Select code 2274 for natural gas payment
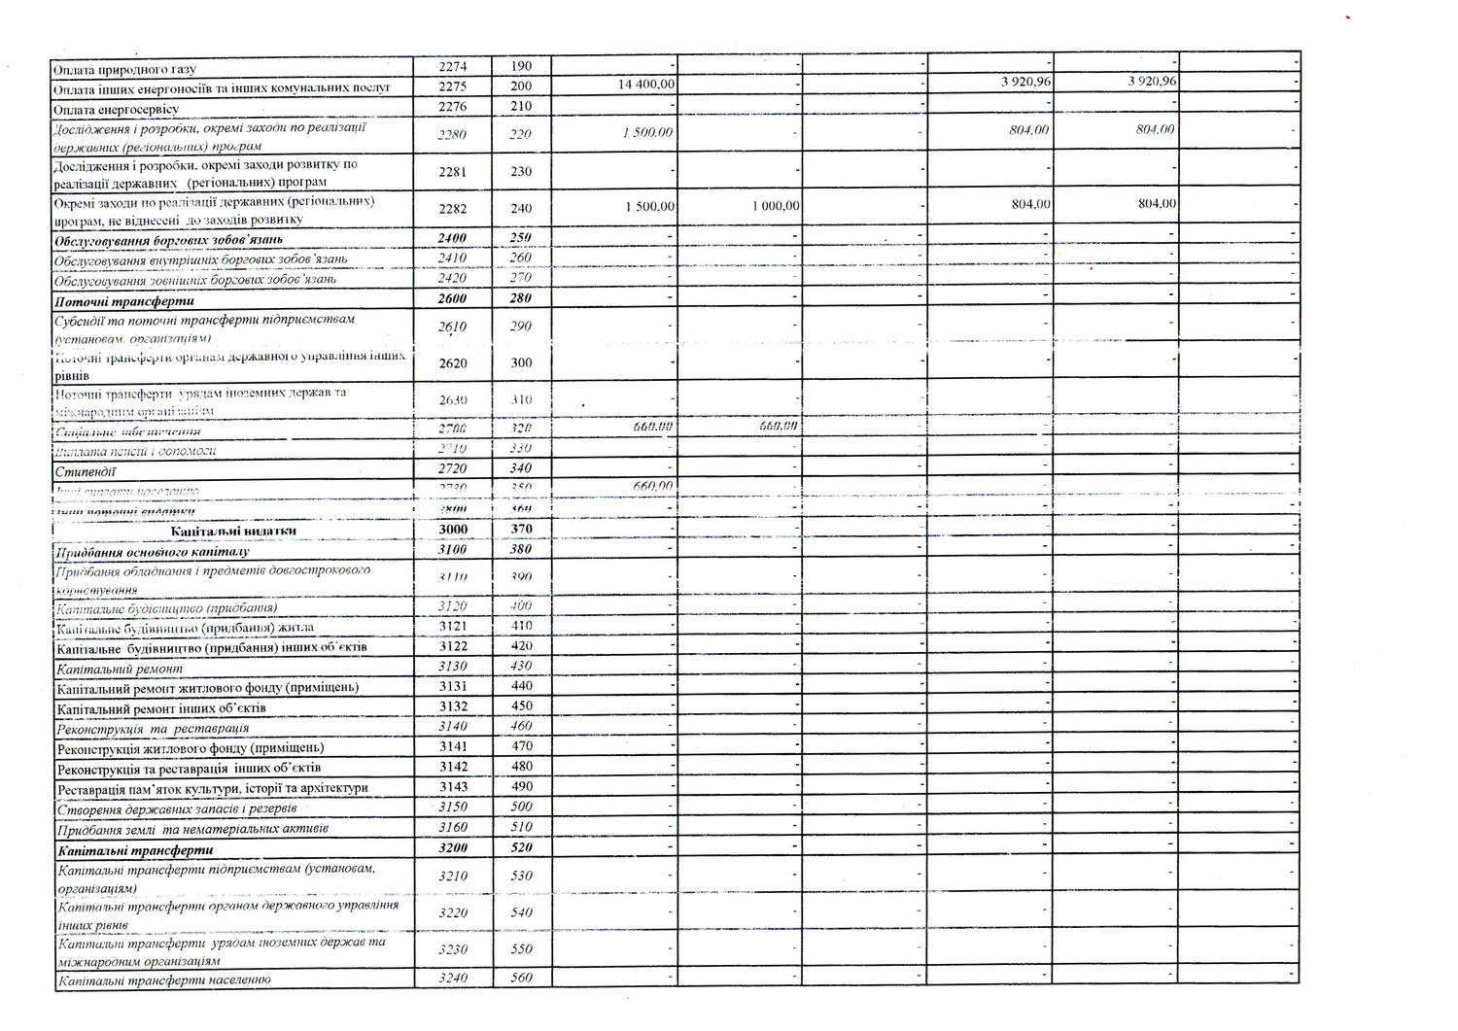[453, 67]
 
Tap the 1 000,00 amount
[775, 206]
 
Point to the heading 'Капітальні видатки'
[233, 531]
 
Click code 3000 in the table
[453, 530]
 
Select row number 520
[521, 848]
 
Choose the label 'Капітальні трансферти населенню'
[163, 980]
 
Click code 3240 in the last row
[453, 979]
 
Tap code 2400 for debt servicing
[453, 239]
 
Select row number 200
[521, 86]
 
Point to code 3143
[453, 787]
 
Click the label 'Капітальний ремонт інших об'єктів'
[161, 708]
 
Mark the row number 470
[521, 747]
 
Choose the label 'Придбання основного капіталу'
[153, 551]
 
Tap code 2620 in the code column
[453, 362]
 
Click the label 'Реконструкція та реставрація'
[153, 728]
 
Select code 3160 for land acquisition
[453, 828]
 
